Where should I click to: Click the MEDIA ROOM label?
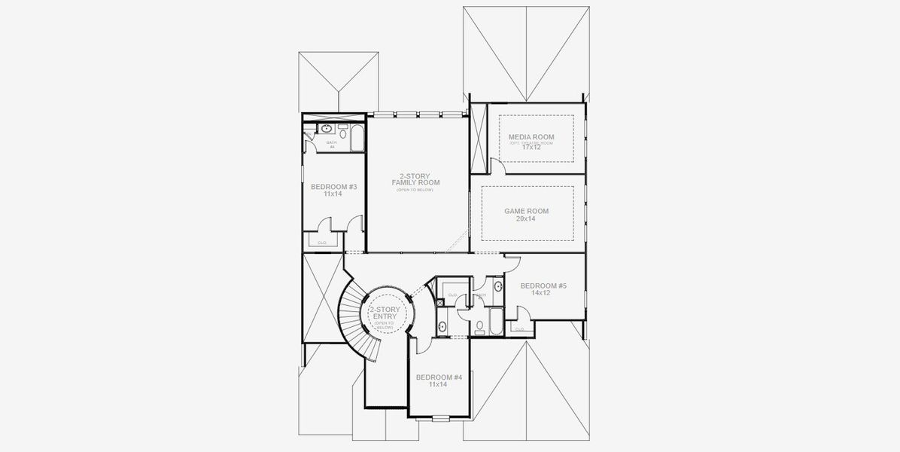pos(531,137)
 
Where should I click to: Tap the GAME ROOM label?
pos(526,212)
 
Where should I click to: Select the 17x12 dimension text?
pos(531,147)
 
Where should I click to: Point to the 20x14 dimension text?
pos(526,220)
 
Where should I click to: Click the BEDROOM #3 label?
pos(333,187)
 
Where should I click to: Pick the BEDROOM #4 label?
pos(438,377)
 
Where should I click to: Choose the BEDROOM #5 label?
pos(543,286)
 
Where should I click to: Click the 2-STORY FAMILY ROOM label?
pos(415,179)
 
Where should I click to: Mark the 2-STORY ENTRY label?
pos(385,313)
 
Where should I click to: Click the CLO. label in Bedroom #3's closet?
pos(322,243)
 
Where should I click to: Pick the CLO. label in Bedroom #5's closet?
pos(519,328)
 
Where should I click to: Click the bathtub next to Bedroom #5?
pos(496,320)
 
